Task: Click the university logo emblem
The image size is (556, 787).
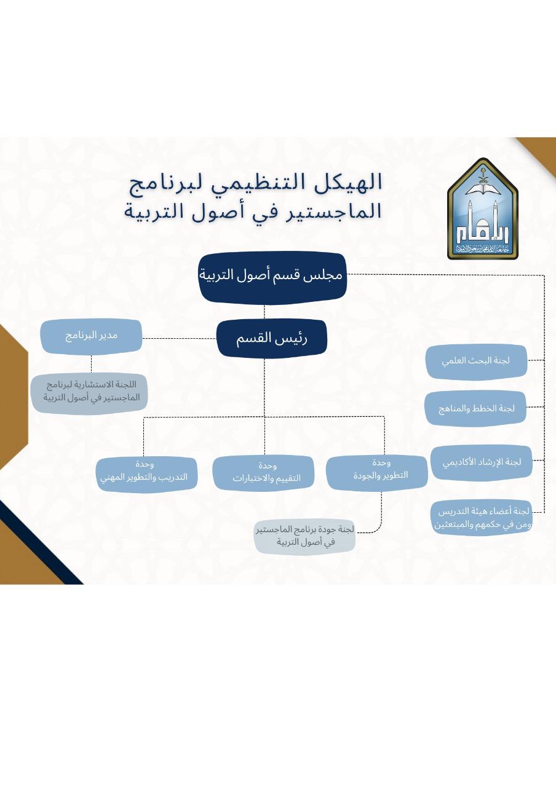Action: (x=482, y=209)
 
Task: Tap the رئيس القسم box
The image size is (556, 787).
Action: (x=271, y=338)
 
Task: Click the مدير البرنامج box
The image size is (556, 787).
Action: (x=91, y=336)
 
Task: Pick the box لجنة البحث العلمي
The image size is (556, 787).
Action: (x=476, y=362)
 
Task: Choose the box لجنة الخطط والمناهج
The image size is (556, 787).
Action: (x=475, y=408)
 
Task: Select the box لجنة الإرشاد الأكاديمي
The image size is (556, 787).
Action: (x=481, y=462)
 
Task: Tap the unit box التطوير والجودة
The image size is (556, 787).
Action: (x=376, y=472)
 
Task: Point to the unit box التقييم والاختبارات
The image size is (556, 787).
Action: (x=263, y=473)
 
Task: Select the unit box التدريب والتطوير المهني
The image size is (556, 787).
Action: (x=146, y=473)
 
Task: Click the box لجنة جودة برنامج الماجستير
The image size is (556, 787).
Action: (x=305, y=536)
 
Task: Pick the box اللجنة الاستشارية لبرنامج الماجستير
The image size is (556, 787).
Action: (x=90, y=392)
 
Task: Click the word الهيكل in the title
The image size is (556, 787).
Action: (x=354, y=182)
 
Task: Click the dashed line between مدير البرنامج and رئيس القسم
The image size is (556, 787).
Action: (x=179, y=338)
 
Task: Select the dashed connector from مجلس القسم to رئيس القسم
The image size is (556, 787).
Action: (x=265, y=312)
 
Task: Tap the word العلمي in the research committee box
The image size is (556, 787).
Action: (x=456, y=362)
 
